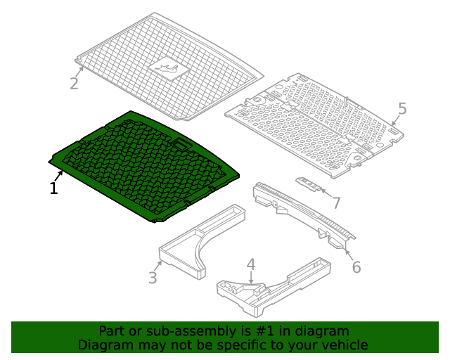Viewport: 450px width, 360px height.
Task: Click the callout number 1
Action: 53,188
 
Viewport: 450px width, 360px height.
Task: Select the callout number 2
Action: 74,84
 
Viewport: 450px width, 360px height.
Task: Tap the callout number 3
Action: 153,278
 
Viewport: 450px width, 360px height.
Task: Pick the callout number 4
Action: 251,264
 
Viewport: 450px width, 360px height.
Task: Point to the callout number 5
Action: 402,108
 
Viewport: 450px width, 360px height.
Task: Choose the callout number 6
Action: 356,267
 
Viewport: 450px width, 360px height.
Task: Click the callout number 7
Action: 336,203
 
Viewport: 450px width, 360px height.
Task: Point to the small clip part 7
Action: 309,184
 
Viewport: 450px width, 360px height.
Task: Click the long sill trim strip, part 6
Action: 302,211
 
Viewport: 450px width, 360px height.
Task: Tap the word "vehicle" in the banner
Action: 344,345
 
